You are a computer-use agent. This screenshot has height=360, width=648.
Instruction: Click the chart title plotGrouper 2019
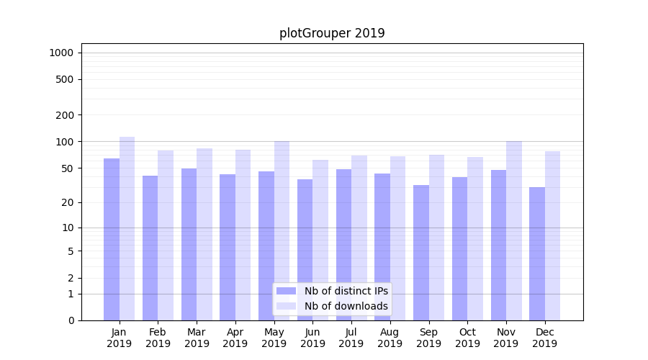(332, 33)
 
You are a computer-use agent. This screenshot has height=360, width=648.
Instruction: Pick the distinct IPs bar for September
(421, 252)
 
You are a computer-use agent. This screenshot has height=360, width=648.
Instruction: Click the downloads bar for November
(514, 230)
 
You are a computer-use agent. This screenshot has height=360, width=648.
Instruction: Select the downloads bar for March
(204, 234)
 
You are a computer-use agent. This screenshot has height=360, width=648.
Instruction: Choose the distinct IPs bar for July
(343, 245)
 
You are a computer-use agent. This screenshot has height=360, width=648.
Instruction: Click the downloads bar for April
(243, 235)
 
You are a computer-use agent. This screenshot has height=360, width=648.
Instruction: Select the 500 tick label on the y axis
(65, 79)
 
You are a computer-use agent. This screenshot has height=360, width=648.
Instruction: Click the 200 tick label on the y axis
(65, 115)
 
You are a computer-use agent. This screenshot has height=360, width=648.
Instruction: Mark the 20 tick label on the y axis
(68, 202)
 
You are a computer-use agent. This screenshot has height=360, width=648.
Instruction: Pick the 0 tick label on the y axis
(71, 320)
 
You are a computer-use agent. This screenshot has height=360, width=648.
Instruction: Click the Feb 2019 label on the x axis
(158, 338)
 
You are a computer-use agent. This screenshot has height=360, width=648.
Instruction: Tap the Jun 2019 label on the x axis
(312, 338)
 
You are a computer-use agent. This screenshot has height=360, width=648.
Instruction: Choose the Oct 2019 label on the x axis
(467, 338)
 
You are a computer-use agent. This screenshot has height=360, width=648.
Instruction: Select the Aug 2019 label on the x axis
(390, 338)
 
